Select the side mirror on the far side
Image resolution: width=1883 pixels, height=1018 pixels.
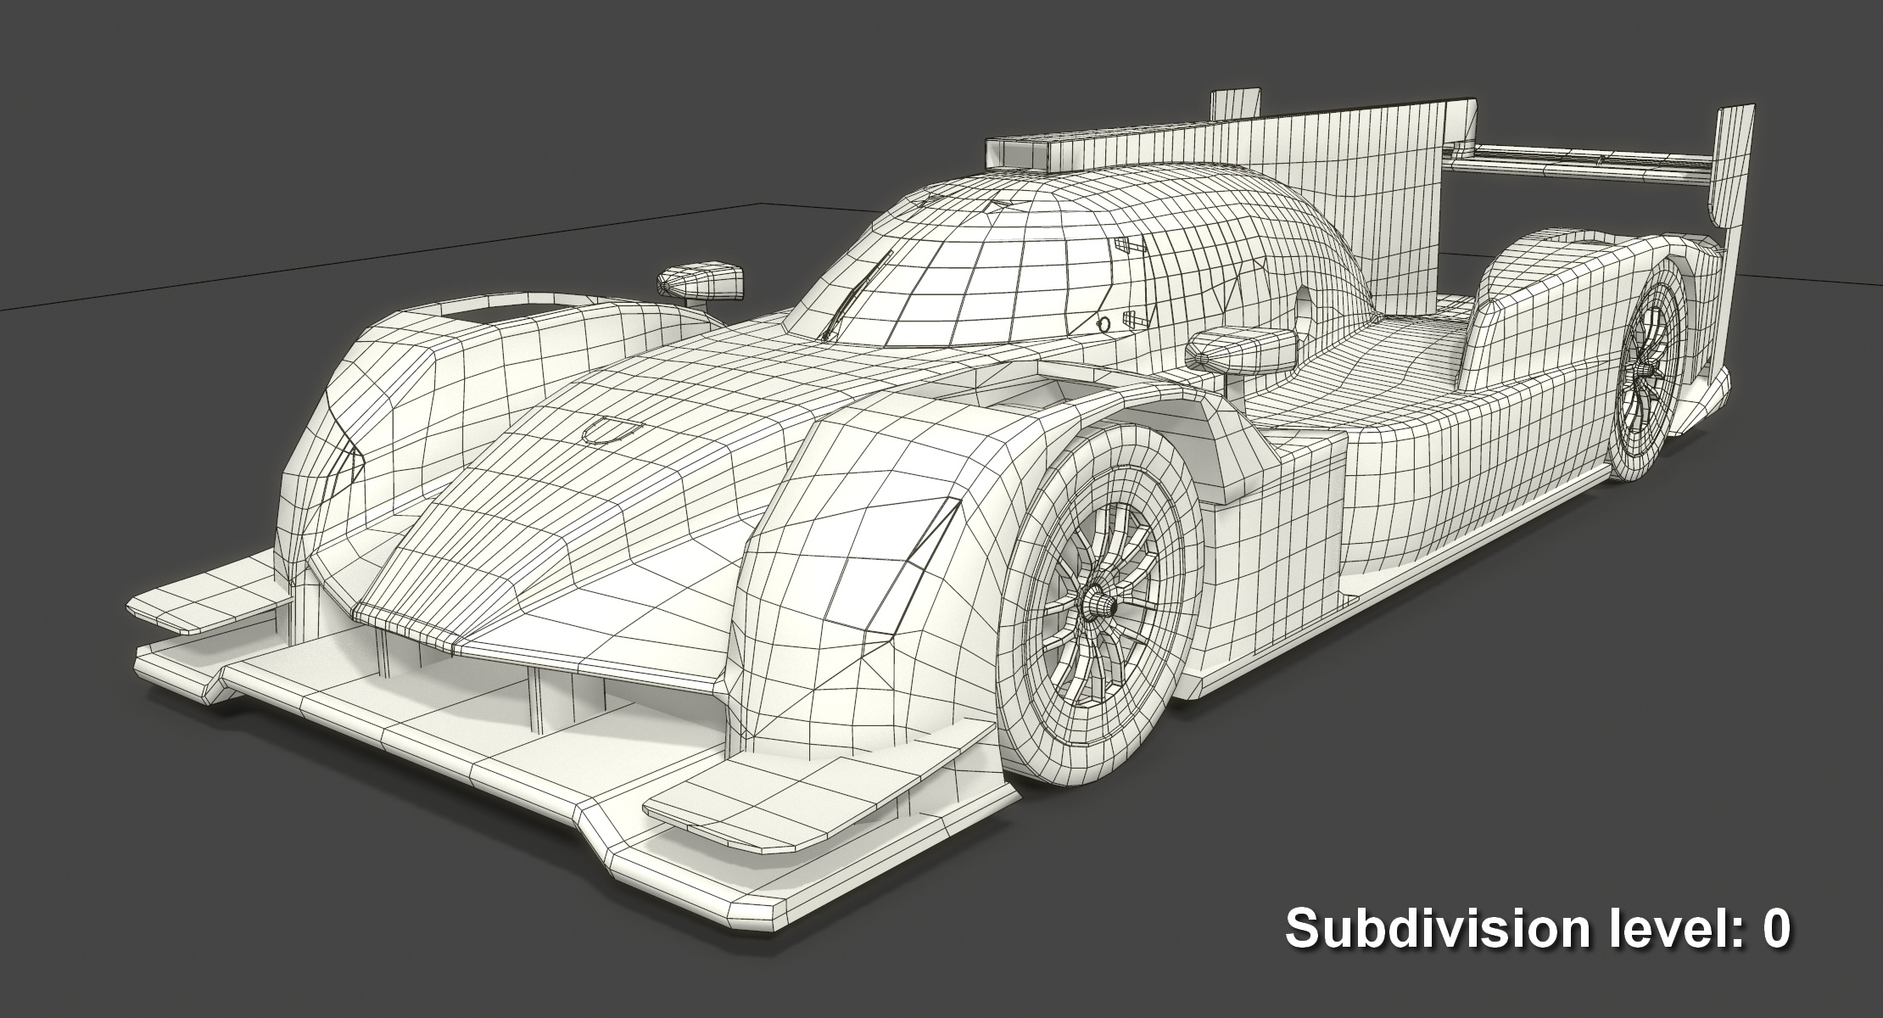point(701,281)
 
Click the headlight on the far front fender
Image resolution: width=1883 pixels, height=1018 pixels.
point(346,475)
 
